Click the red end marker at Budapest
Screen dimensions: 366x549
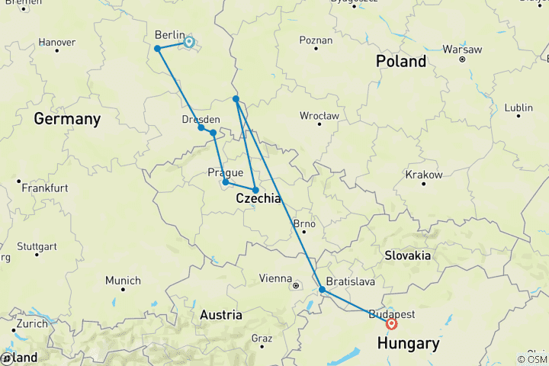[392, 323]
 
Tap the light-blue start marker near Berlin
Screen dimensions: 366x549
[188, 42]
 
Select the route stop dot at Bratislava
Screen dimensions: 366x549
[322, 290]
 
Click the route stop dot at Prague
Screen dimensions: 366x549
[226, 181]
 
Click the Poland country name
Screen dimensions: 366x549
[401, 62]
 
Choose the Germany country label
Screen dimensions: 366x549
[67, 119]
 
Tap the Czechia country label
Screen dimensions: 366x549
[258, 198]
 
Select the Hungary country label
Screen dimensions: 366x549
[409, 344]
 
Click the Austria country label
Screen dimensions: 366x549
[221, 315]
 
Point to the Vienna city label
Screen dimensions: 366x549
[275, 278]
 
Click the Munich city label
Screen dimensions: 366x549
[123, 281]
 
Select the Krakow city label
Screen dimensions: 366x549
[424, 175]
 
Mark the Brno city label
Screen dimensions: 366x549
[304, 224]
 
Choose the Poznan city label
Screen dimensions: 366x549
[316, 40]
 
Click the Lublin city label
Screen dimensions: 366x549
[518, 108]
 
